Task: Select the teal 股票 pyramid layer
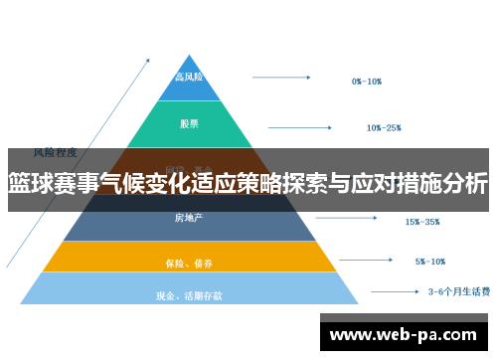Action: pyautogui.click(x=189, y=125)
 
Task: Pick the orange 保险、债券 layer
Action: pyautogui.click(x=189, y=261)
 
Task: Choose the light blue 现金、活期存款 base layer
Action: pyautogui.click(x=189, y=293)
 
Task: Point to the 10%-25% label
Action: pyautogui.click(x=384, y=127)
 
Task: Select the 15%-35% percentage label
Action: pyautogui.click(x=421, y=222)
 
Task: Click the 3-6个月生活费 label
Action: pyautogui.click(x=458, y=291)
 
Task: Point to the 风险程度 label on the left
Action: pyautogui.click(x=56, y=152)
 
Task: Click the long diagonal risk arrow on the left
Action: pyautogui.click(x=70, y=159)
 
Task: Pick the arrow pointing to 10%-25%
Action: pyautogui.click(x=305, y=126)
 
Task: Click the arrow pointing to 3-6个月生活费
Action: pyautogui.click(x=394, y=291)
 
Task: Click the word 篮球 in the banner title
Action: pyautogui.click(x=30, y=183)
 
